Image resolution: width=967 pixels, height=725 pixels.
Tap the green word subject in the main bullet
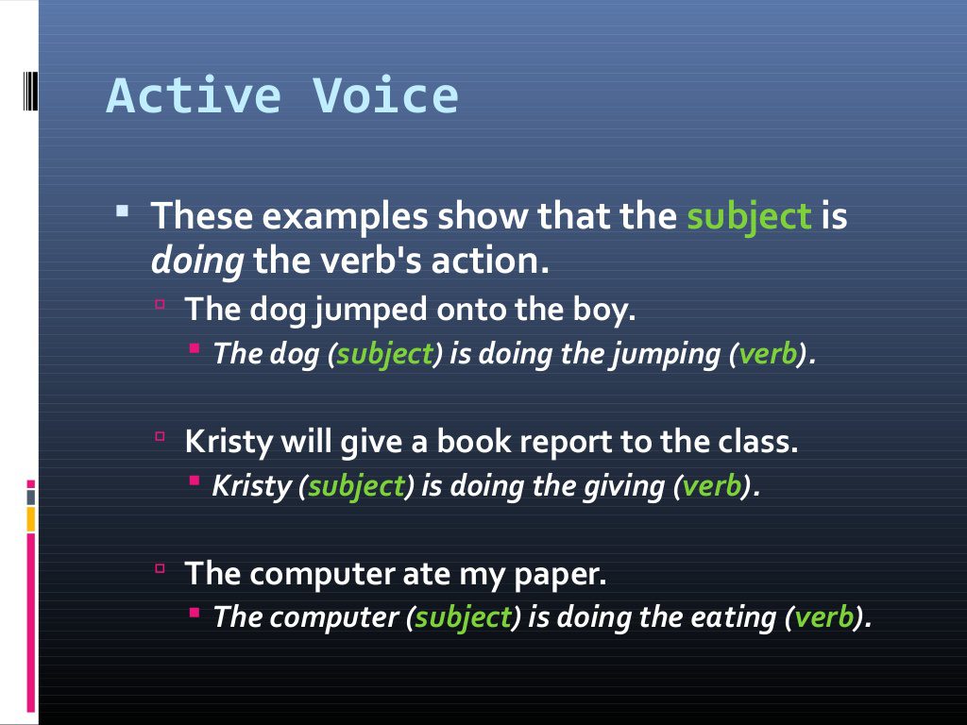749,216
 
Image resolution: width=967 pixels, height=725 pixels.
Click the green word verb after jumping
768,354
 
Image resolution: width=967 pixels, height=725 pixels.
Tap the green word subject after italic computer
463,617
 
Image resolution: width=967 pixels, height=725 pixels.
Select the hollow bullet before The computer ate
161,568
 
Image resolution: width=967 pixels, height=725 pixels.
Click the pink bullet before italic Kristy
194,481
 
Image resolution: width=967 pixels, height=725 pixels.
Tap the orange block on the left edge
31,518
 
